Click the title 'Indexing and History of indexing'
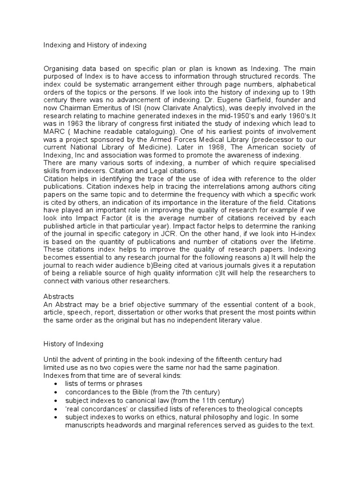[95, 45]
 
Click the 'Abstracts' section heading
[59, 297]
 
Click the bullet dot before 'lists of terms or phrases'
[56, 384]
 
